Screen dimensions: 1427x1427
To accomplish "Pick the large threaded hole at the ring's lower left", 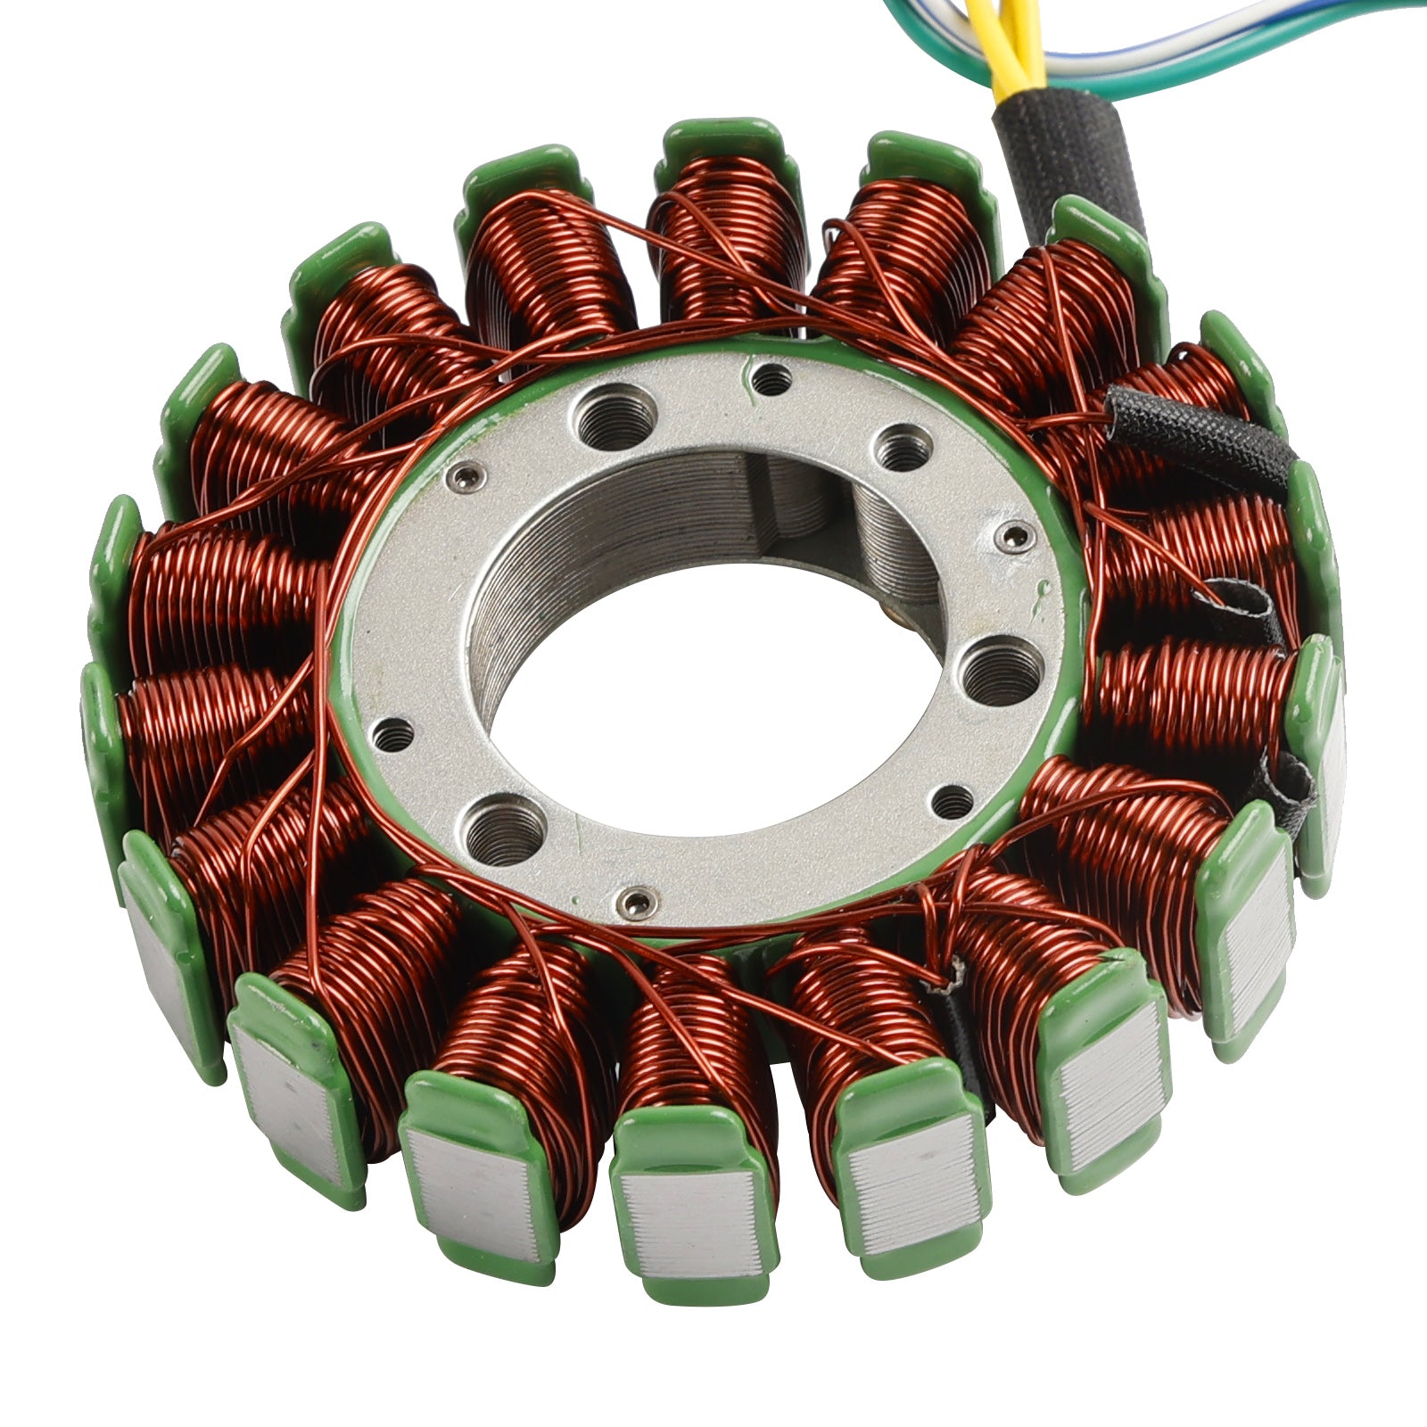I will pyautogui.click(x=505, y=829).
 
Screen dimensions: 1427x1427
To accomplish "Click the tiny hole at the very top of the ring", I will pyautogui.click(x=771, y=382).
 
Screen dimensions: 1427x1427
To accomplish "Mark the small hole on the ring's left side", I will pyautogui.click(x=393, y=735).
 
